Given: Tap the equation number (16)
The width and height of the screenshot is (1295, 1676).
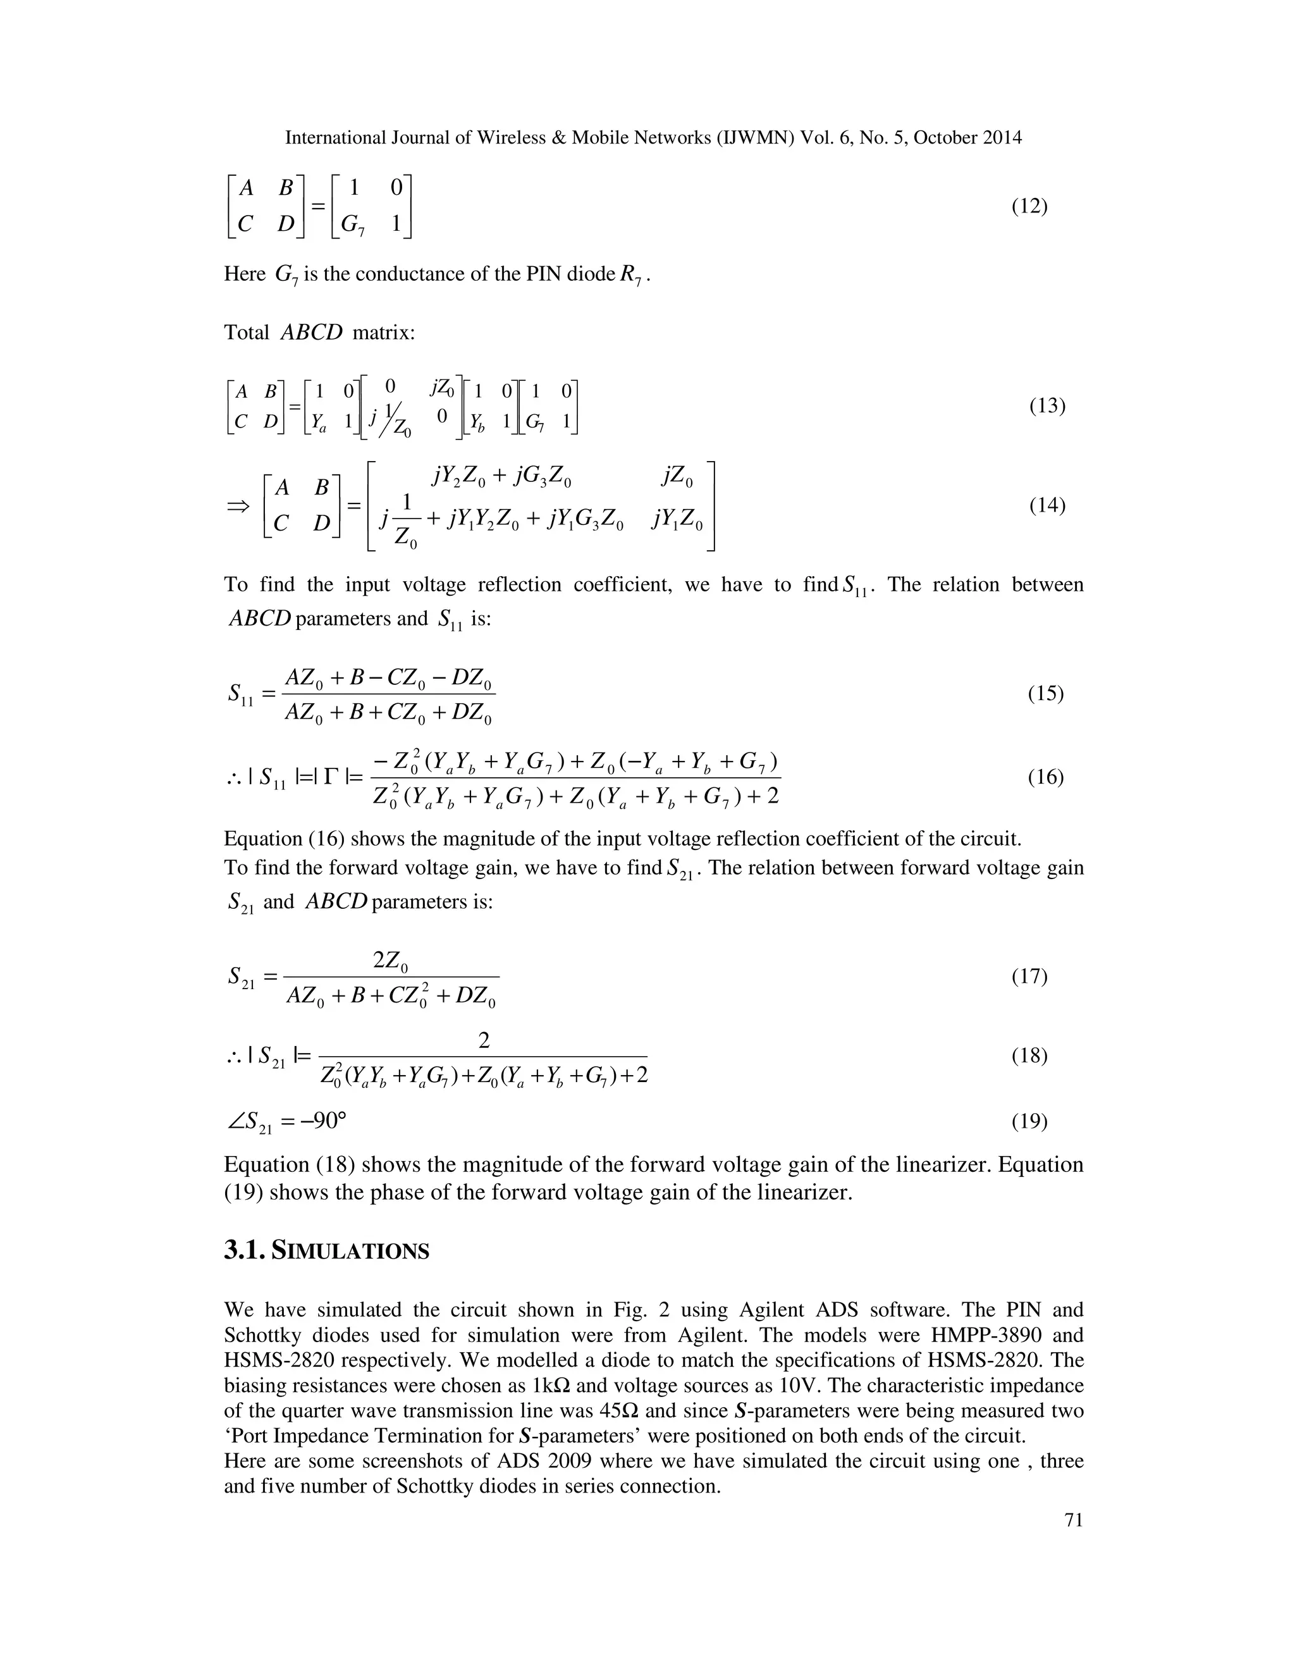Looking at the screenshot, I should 1046,777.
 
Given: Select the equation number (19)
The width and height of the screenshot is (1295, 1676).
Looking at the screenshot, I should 1029,1122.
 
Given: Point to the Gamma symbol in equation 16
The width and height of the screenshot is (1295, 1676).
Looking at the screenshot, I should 331,777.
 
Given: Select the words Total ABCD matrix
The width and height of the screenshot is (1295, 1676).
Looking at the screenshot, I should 319,332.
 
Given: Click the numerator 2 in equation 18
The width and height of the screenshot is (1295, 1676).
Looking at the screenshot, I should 483,1040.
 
